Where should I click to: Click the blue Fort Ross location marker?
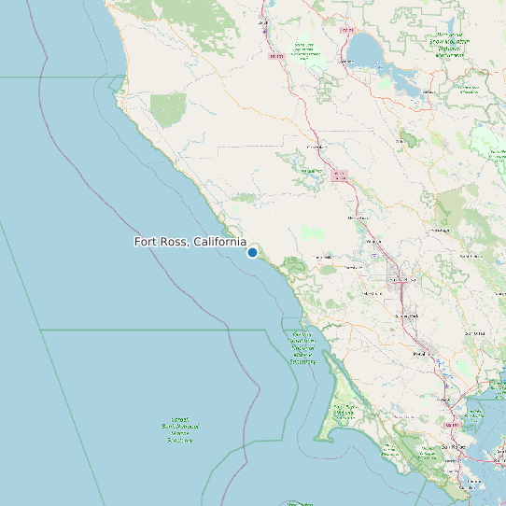pos(252,252)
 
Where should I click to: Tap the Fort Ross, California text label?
pos(190,242)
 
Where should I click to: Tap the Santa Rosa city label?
pos(401,278)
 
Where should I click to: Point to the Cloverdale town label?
pos(316,147)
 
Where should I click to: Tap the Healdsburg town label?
pos(358,218)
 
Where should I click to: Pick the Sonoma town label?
pos(473,332)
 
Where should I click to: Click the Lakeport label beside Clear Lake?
pos(347,63)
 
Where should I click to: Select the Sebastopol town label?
pos(372,293)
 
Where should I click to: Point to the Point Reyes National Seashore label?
pos(344,411)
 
